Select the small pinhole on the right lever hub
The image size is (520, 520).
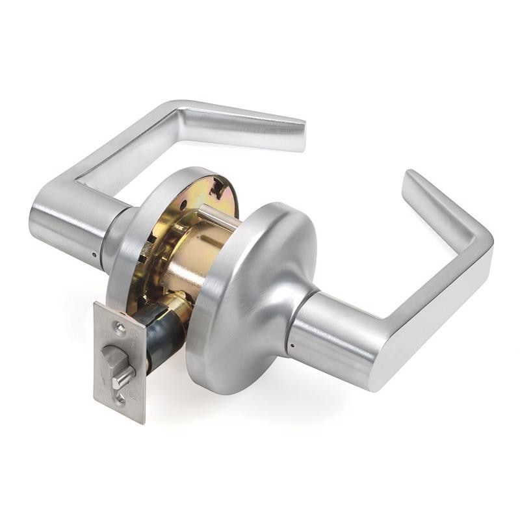[x=291, y=345]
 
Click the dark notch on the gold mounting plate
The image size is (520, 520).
[x=220, y=188]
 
